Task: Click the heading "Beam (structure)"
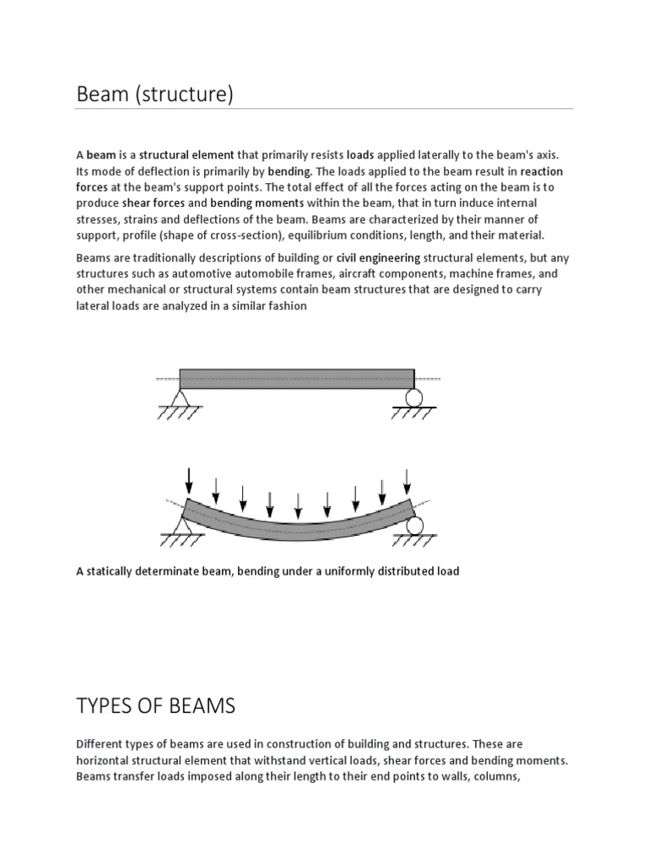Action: point(154,94)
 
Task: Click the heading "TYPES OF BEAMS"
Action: point(156,705)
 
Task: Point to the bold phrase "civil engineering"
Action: point(378,257)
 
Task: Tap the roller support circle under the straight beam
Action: point(413,397)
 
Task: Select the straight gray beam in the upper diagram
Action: point(296,378)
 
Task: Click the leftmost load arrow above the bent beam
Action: point(189,478)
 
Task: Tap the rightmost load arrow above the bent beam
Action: point(408,481)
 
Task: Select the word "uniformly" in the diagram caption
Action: point(341,571)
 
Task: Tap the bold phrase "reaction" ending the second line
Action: point(542,170)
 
